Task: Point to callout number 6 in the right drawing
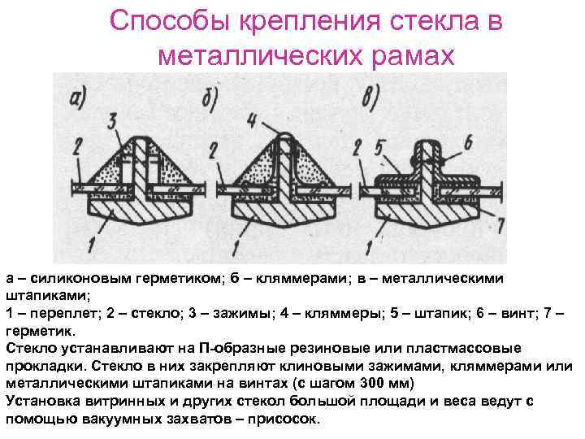tap(469, 140)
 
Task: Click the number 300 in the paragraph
tap(379, 383)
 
